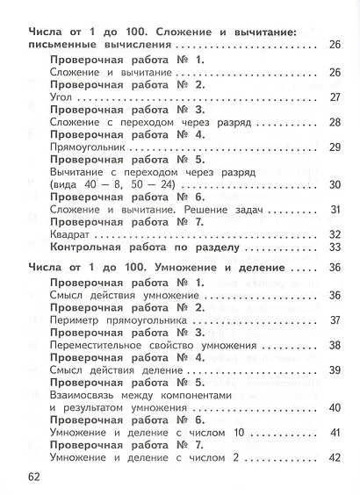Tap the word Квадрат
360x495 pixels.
tap(71, 234)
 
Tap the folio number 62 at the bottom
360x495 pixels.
tap(34, 476)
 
